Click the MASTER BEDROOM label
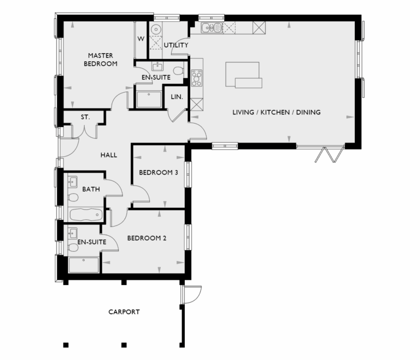pos(100,59)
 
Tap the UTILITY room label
pos(176,45)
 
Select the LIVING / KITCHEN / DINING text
pos(276,112)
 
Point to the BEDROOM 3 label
pos(158,172)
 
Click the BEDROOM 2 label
pos(147,239)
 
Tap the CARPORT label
pos(124,312)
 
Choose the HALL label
pos(109,155)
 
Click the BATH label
pos(91,189)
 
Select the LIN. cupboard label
pos(177,97)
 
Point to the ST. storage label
pos(85,117)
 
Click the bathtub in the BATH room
pos(86,214)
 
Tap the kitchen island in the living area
pos(243,75)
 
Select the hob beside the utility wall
pos(196,78)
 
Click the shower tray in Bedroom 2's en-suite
pos(84,265)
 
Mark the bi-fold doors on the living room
pos(327,153)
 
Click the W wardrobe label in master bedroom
pos(141,39)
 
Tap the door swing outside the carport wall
pos(192,294)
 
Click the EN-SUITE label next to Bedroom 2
pos(91,241)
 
